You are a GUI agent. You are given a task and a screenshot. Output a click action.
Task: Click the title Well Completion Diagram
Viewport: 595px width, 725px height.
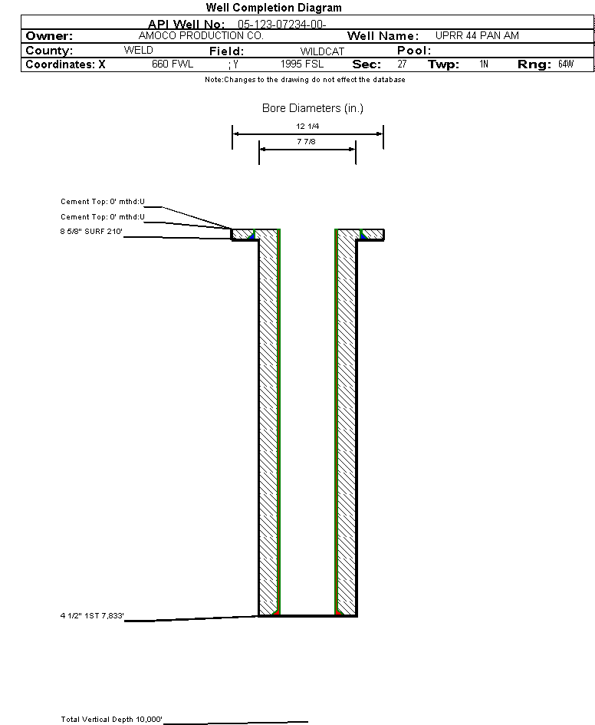click(274, 8)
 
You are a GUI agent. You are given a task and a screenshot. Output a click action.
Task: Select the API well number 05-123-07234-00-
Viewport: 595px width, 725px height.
click(282, 25)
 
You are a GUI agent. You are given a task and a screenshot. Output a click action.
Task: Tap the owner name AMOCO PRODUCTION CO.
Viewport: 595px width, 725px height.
click(201, 35)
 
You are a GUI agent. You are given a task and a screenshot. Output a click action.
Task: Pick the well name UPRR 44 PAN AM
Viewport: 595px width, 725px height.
click(477, 35)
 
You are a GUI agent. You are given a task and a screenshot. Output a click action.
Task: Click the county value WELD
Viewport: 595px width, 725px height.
click(139, 50)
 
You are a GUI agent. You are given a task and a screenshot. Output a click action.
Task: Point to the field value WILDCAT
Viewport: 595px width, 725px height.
click(323, 51)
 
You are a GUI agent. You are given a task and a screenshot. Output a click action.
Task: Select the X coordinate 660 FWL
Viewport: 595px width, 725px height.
click(173, 64)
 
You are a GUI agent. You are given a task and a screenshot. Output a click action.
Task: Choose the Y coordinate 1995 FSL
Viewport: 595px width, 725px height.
click(302, 64)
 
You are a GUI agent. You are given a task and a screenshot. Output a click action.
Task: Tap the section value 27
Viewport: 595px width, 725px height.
click(403, 64)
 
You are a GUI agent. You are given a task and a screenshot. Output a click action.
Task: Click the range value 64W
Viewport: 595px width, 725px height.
click(566, 64)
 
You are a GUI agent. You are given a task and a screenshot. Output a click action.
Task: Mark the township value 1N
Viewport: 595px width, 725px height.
click(484, 64)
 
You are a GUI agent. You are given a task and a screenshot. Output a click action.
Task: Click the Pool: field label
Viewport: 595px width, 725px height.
click(414, 51)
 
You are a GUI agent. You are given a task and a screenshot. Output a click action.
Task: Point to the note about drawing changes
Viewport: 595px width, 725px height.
click(305, 80)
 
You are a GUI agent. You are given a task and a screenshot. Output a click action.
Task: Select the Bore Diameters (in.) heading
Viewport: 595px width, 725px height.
click(313, 108)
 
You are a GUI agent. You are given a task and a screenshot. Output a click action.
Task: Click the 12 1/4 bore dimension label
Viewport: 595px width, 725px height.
click(307, 127)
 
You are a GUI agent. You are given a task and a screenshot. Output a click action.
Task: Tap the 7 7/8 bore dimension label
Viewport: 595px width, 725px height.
click(306, 141)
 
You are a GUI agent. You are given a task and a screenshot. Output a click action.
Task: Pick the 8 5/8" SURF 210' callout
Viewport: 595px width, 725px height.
click(91, 231)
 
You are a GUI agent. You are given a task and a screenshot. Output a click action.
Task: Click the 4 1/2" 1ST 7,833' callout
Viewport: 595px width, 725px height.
click(92, 615)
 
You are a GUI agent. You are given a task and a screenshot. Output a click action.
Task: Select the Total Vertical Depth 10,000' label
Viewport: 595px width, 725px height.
click(111, 719)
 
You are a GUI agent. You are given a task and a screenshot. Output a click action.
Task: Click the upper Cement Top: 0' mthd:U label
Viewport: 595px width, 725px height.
click(103, 202)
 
